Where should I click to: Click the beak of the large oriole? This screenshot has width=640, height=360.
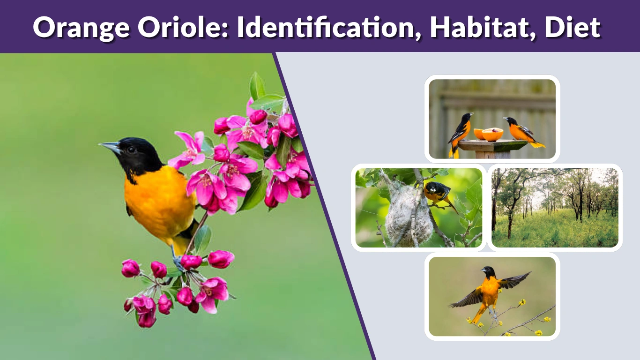coord(109,147)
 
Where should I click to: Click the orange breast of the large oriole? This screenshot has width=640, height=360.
coord(155,202)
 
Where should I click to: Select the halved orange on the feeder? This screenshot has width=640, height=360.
coord(489,134)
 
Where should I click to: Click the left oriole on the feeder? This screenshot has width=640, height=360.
coord(461,133)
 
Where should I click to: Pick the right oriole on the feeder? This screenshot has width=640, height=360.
coord(522,132)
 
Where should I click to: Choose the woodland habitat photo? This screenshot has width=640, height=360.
coord(555,208)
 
